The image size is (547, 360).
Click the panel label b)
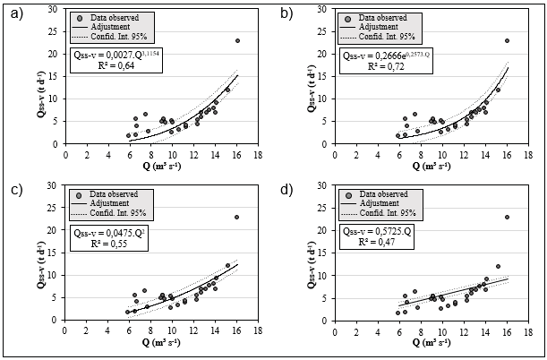tap(286, 12)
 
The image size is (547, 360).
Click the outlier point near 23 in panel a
tap(237, 40)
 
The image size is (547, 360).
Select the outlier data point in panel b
tap(507, 40)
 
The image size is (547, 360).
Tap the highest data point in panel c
tap(237, 217)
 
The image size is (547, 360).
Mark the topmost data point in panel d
tap(507, 217)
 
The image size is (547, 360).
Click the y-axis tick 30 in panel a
tap(56, 9)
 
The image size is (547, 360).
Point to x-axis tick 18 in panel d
tap(528, 331)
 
